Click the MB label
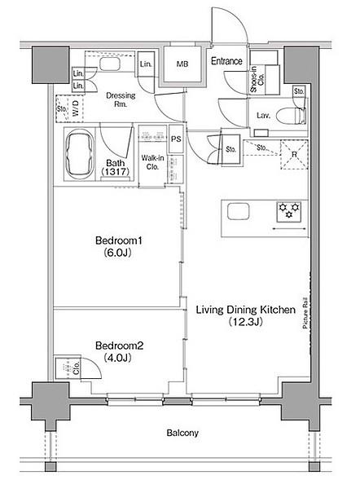[182, 64]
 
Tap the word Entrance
[226, 61]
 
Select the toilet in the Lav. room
[291, 116]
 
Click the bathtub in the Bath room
[79, 154]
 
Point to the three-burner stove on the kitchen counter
[288, 212]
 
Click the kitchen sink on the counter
[239, 212]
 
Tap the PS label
[176, 139]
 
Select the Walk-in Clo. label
[152, 162]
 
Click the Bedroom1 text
[119, 240]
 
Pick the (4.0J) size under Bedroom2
[117, 357]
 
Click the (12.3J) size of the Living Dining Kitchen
[246, 321]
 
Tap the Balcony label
[182, 433]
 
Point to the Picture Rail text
[305, 313]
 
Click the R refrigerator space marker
[294, 155]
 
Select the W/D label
[76, 108]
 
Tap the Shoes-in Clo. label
[257, 80]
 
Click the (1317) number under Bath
[115, 171]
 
